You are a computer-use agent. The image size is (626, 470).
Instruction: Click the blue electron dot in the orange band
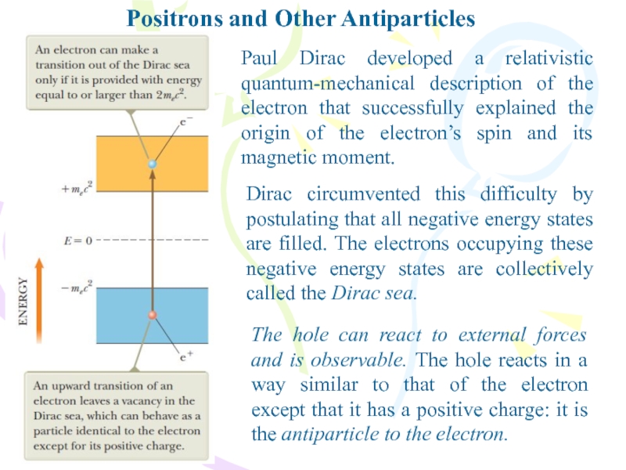tap(153, 164)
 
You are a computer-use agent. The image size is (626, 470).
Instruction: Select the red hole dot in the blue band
tap(153, 316)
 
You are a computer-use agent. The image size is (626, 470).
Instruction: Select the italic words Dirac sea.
tap(378, 294)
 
